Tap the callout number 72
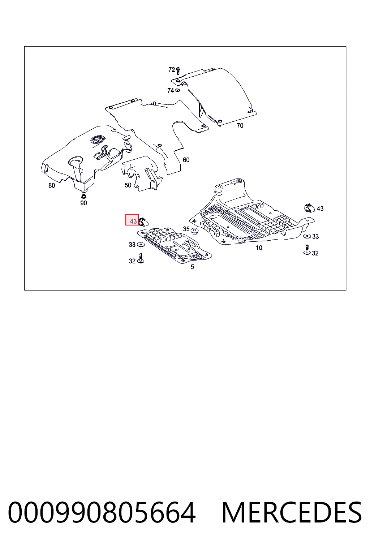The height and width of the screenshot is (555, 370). pos(172,70)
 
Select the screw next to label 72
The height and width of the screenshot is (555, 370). pos(178,71)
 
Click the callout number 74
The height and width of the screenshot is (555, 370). pos(171,91)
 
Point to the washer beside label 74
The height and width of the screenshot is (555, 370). pos(177,90)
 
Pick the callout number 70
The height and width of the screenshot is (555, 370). pos(240,126)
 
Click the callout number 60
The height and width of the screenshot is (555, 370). pos(186,160)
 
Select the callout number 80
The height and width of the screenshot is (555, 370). pos(52,186)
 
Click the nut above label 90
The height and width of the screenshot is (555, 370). pos(83,197)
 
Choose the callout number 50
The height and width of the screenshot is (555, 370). pos(128,185)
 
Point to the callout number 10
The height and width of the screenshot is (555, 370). pos(259,248)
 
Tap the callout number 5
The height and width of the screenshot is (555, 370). pos(192,267)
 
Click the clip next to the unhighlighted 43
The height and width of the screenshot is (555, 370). pos(309,208)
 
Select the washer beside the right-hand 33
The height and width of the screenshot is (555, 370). pos(307,236)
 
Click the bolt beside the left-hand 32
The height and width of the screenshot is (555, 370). pos(141,258)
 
